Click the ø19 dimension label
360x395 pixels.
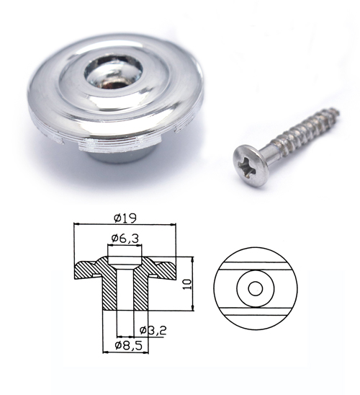tap(125, 218)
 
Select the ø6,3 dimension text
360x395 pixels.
tap(125, 239)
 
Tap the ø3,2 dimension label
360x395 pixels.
tap(153, 330)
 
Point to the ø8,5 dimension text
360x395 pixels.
tap(128, 345)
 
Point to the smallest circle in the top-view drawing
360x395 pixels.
tap(256, 289)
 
